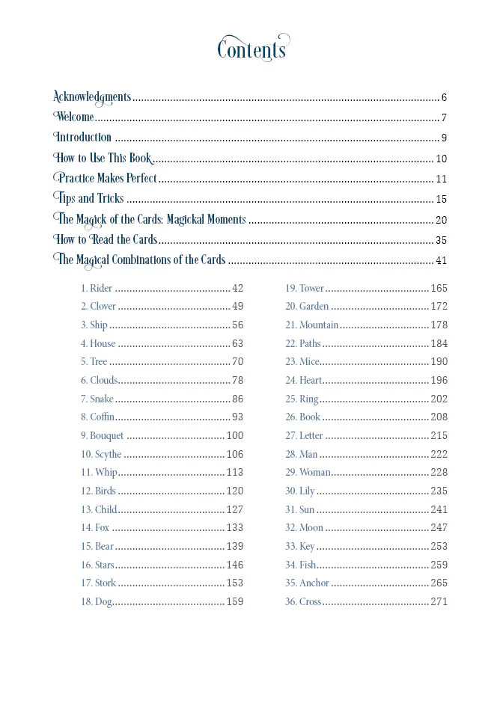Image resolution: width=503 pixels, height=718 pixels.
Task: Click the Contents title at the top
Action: click(x=252, y=49)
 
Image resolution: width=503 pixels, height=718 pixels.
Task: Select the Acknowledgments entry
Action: click(x=92, y=96)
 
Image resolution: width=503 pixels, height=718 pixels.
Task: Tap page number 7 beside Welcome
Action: click(x=444, y=117)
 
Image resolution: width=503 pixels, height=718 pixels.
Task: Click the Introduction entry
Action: click(x=83, y=138)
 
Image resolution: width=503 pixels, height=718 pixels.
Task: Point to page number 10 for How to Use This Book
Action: click(x=441, y=159)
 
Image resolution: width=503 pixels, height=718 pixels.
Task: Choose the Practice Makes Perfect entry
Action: click(x=106, y=179)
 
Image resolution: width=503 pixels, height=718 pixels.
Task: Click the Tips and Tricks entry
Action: click(x=90, y=199)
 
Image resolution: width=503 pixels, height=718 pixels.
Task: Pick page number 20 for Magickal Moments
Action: click(x=441, y=220)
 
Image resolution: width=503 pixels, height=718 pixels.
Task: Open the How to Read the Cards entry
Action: click(x=106, y=240)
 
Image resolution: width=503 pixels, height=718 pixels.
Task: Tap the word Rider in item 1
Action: click(x=101, y=289)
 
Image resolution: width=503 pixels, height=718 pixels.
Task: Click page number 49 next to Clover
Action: click(x=237, y=307)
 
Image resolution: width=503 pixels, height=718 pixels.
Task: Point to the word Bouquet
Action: click(x=107, y=436)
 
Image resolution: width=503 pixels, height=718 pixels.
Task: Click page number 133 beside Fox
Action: click(x=234, y=528)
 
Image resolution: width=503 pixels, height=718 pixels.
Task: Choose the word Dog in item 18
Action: click(x=103, y=602)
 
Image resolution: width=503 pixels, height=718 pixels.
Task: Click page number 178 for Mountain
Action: click(x=439, y=325)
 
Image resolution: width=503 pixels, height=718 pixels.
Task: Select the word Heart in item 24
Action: click(x=311, y=381)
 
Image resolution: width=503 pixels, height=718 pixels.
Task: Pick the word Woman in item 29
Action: click(x=314, y=473)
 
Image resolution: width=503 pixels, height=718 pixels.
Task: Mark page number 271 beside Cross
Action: click(x=439, y=602)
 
